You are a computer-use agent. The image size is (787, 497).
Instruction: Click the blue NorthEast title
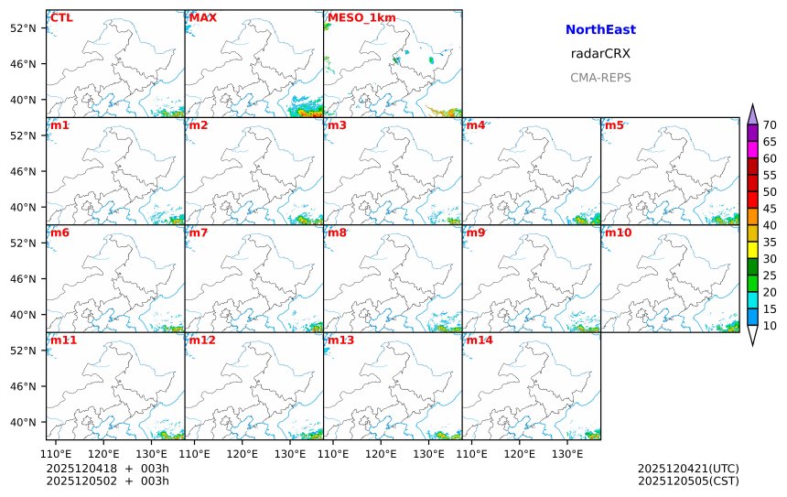click(600, 30)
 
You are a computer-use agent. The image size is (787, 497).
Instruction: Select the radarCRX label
click(600, 54)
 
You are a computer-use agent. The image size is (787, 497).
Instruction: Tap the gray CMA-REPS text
click(600, 78)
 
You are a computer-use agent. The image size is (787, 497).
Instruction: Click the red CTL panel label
click(62, 17)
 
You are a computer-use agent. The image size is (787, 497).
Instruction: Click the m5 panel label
click(615, 124)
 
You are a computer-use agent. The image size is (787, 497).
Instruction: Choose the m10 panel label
click(618, 232)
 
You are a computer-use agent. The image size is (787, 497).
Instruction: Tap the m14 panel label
click(480, 340)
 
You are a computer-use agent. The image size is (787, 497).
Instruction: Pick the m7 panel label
click(199, 232)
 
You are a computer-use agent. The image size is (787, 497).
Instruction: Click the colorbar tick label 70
click(771, 126)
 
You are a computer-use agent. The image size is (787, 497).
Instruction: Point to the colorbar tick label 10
click(771, 326)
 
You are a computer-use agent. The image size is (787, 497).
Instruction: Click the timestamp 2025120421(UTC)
click(688, 469)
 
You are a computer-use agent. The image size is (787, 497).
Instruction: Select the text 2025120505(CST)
click(688, 481)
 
